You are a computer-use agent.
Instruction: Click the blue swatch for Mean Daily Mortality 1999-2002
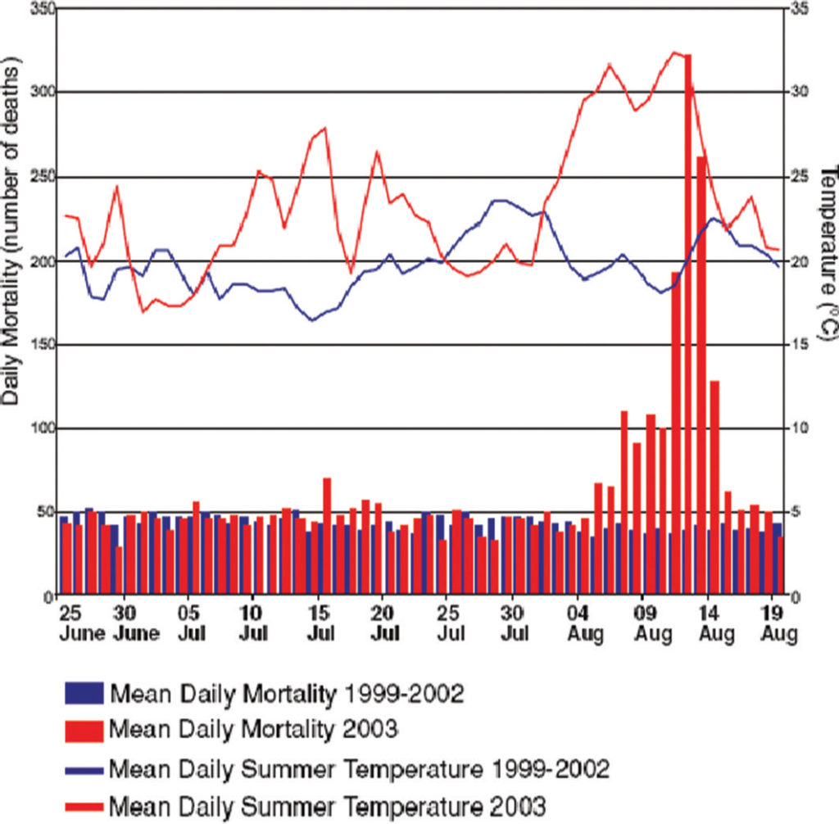(x=84, y=693)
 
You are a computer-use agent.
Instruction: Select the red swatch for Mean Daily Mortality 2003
(x=84, y=728)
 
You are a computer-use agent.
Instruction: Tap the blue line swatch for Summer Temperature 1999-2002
(x=84, y=769)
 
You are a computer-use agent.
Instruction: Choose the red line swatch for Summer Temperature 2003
(x=84, y=801)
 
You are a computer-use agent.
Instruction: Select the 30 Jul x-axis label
(x=513, y=623)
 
